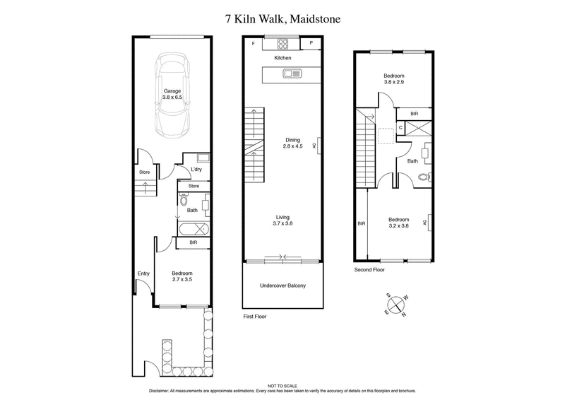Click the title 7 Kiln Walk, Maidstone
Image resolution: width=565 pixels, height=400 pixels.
[x=282, y=18]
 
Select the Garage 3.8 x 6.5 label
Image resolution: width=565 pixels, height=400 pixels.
[x=172, y=95]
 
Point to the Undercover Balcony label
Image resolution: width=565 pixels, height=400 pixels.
[x=282, y=286]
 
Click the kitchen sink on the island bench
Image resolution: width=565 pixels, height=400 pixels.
[x=291, y=73]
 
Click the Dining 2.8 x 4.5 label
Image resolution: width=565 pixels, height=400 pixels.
[x=282, y=143]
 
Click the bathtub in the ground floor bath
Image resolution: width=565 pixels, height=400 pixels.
[x=192, y=229]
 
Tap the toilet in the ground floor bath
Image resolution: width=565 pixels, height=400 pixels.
[x=184, y=200]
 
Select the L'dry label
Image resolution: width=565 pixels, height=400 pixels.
[x=198, y=170]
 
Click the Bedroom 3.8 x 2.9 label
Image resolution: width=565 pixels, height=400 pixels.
[x=393, y=78]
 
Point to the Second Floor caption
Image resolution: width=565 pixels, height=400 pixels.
[x=369, y=270]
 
